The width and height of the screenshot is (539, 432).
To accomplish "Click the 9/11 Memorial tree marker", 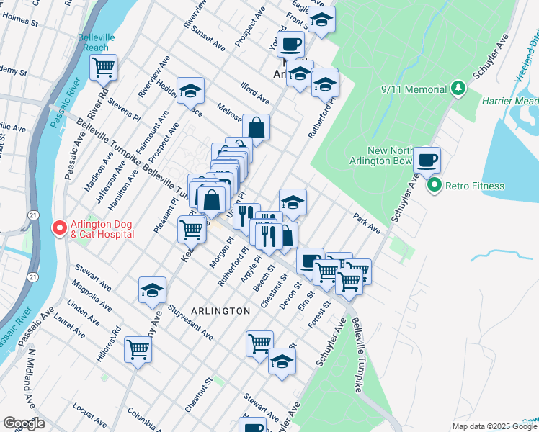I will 457,90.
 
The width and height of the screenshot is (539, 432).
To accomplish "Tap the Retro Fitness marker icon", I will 434,186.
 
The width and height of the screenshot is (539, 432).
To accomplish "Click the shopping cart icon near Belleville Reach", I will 103,67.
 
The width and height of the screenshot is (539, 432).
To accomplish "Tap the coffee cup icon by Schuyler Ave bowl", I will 427,159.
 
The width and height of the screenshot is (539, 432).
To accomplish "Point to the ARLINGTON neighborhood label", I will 220,310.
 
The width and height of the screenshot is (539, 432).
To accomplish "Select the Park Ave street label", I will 366,222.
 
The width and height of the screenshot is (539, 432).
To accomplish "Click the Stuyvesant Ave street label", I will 190,323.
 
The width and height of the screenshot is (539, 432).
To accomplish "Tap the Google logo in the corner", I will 24,423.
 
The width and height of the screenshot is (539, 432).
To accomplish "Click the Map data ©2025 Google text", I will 495,426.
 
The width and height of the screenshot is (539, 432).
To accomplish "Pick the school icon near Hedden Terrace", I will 191,90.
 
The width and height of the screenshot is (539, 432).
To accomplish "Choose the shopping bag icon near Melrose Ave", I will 256,127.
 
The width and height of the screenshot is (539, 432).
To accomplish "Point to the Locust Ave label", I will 90,417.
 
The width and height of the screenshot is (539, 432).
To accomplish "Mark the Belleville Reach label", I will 94,42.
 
